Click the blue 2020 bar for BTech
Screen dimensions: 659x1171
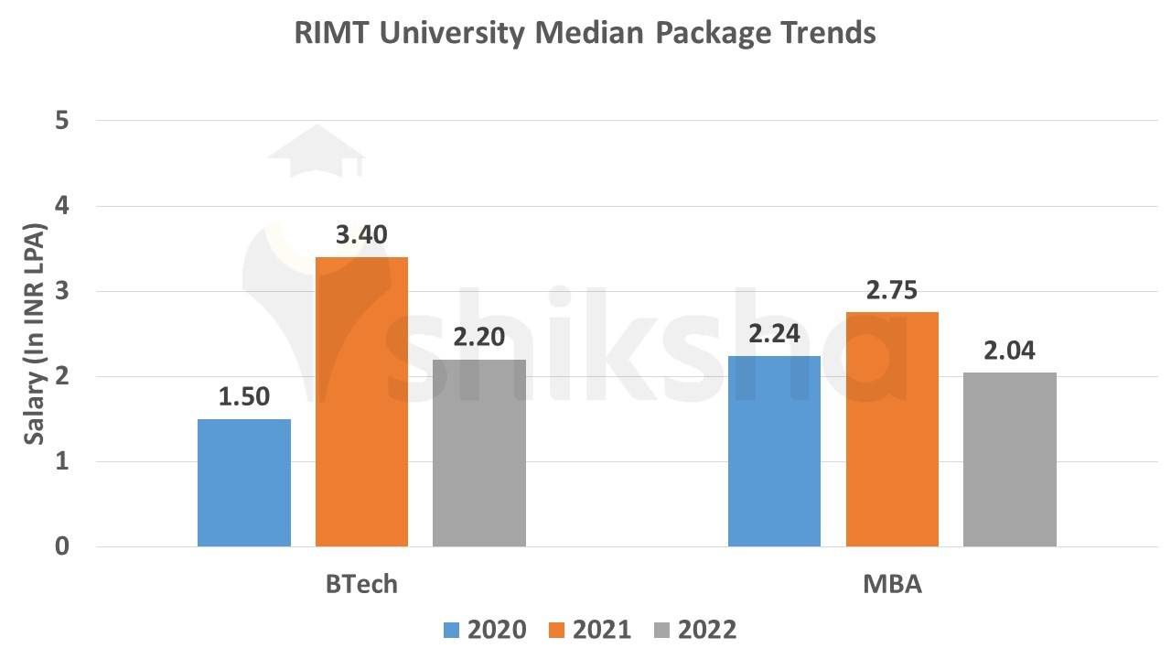click(x=244, y=483)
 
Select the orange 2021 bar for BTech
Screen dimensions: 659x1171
click(x=361, y=403)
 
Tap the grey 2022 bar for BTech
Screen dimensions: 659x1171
click(x=479, y=453)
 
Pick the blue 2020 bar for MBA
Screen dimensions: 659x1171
click(x=774, y=451)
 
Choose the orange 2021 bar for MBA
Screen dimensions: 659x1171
click(x=892, y=429)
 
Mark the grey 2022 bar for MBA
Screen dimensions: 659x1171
click(x=1010, y=459)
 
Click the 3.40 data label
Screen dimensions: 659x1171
click(x=361, y=235)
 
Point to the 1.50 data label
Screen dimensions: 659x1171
click(x=244, y=397)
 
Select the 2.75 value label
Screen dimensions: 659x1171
click(x=892, y=291)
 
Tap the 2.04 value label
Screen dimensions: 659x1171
click(x=1010, y=351)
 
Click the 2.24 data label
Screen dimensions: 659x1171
click(x=774, y=334)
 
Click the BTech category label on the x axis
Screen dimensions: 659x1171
click(x=361, y=584)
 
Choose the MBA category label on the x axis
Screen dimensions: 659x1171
click(x=892, y=584)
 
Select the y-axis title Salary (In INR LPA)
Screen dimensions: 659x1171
click(x=34, y=333)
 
